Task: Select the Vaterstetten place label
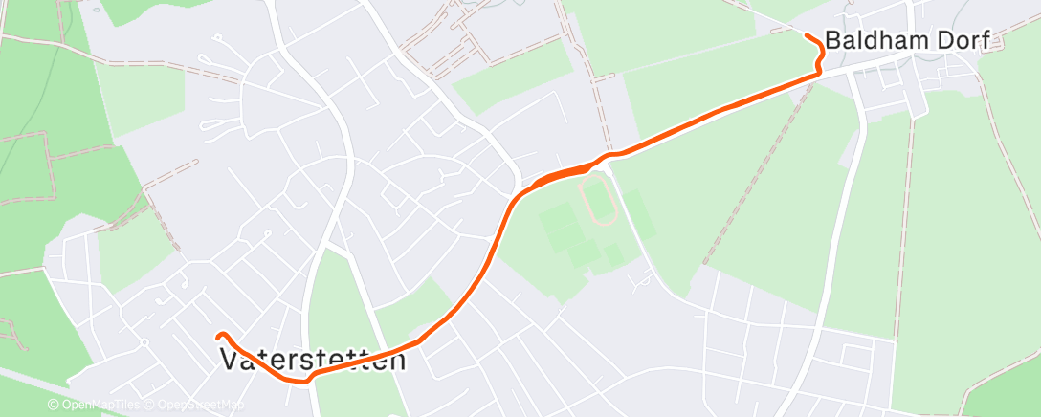(313, 361)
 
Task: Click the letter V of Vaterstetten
(231, 361)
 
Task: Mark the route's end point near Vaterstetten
(219, 336)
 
